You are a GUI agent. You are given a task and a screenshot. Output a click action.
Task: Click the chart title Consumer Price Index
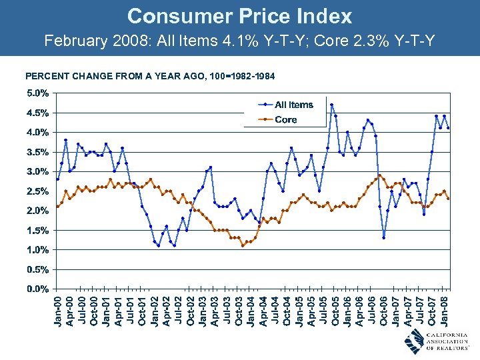[239, 16]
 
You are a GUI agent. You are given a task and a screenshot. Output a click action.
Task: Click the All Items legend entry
[293, 105]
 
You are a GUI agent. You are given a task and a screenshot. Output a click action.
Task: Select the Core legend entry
[285, 120]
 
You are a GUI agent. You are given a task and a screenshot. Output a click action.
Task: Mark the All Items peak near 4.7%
[331, 105]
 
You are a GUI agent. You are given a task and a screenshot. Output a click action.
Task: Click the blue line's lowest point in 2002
[158, 245]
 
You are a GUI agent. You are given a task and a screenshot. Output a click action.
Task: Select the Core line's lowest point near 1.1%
[243, 245]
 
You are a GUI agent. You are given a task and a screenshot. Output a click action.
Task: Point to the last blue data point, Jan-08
[448, 128]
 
